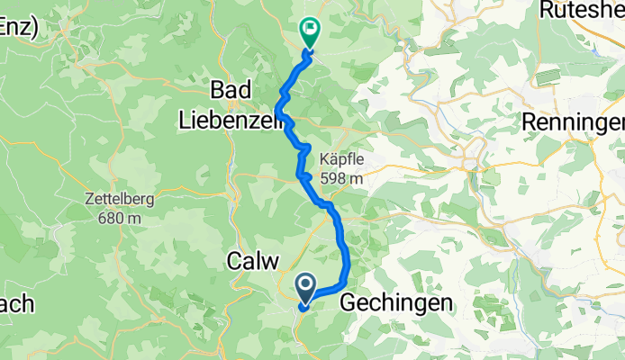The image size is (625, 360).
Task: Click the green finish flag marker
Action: [309, 32]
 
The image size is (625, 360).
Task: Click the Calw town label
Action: [247, 262]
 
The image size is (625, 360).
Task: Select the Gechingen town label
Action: [396, 304]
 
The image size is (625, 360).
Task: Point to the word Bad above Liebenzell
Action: [231, 91]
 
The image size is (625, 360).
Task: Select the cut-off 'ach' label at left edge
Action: [16, 304]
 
